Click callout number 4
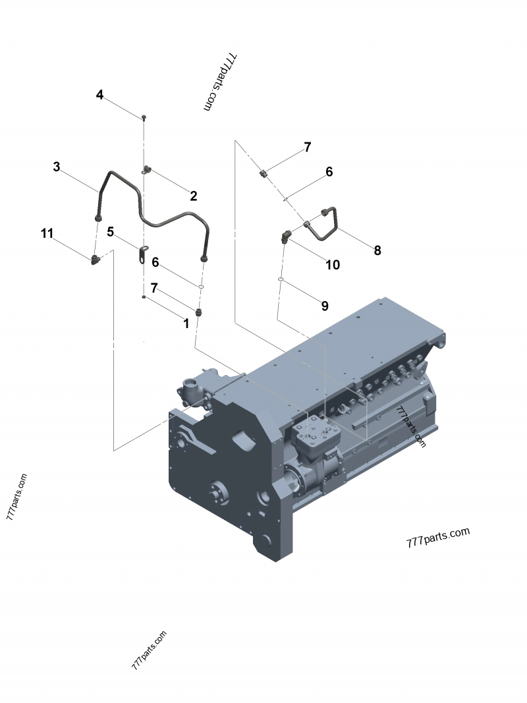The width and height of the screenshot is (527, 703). click(x=99, y=95)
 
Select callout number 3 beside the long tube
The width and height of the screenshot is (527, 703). click(x=57, y=167)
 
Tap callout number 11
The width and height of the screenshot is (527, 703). click(x=47, y=233)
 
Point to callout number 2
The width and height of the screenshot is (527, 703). click(x=193, y=196)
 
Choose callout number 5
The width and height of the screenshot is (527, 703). click(x=111, y=232)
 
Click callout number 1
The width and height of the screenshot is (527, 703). click(x=186, y=323)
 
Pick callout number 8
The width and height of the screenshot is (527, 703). click(x=377, y=250)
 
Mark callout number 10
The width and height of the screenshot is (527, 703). click(x=333, y=265)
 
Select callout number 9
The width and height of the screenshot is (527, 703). click(x=324, y=306)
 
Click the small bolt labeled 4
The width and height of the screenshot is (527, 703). click(x=144, y=117)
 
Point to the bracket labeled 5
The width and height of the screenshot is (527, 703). click(x=143, y=254)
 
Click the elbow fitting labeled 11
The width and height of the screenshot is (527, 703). click(x=96, y=259)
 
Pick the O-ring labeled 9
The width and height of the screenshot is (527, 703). click(x=281, y=280)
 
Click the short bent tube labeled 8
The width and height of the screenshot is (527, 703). click(x=326, y=223)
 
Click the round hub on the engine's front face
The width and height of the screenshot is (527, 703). click(x=218, y=492)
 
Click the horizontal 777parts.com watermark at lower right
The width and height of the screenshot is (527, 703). click(x=438, y=537)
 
